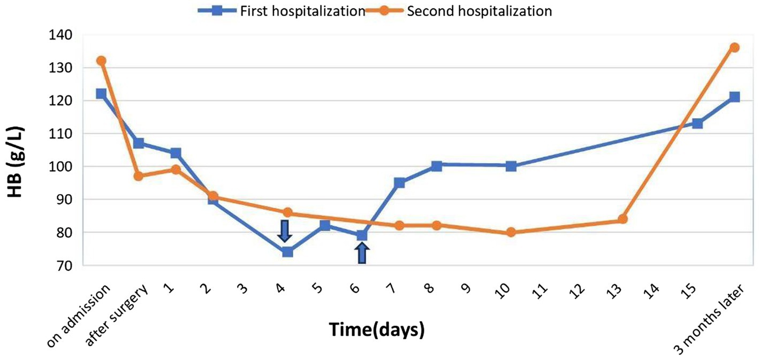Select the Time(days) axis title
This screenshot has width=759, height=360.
(377, 330)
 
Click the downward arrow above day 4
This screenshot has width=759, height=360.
(285, 231)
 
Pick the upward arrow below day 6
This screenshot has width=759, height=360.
(362, 253)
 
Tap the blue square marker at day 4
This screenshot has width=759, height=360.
(287, 252)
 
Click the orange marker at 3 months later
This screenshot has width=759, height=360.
(734, 48)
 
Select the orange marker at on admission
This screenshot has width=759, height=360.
(101, 60)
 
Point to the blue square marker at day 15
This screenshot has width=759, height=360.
(697, 124)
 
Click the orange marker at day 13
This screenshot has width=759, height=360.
(623, 219)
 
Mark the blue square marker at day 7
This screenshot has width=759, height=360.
(399, 183)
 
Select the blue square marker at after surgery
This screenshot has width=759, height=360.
(139, 143)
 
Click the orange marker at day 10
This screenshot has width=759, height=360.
(511, 232)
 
